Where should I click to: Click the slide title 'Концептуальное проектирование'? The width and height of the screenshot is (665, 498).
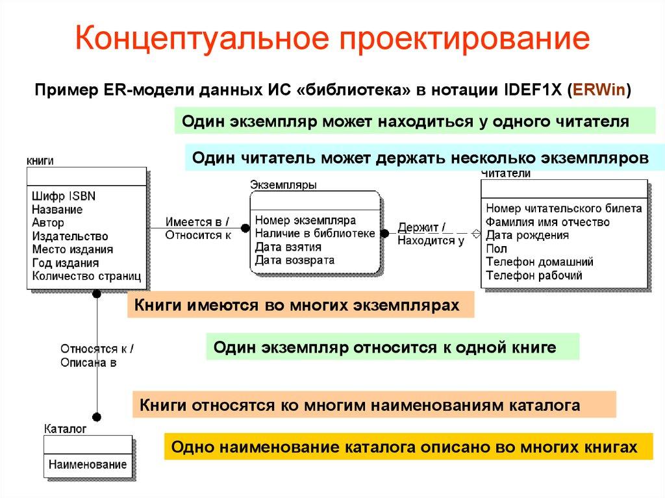[332, 40]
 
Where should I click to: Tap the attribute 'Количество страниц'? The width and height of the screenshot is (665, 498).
[86, 277]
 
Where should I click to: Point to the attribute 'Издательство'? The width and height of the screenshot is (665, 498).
[69, 236]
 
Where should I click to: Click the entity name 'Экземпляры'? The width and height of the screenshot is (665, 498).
[283, 185]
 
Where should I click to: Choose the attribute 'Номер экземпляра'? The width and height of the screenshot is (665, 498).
[305, 220]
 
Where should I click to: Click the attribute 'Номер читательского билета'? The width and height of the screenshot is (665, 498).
[563, 208]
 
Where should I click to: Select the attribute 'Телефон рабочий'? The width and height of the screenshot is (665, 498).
[533, 275]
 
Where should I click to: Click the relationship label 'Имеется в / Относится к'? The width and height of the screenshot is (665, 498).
[197, 228]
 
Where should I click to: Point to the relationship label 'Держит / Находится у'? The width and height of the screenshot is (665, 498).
[431, 234]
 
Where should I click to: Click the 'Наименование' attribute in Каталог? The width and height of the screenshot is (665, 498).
[88, 465]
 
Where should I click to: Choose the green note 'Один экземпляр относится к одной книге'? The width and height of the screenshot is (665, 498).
[392, 347]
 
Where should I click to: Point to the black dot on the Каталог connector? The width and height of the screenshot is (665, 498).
[97, 417]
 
